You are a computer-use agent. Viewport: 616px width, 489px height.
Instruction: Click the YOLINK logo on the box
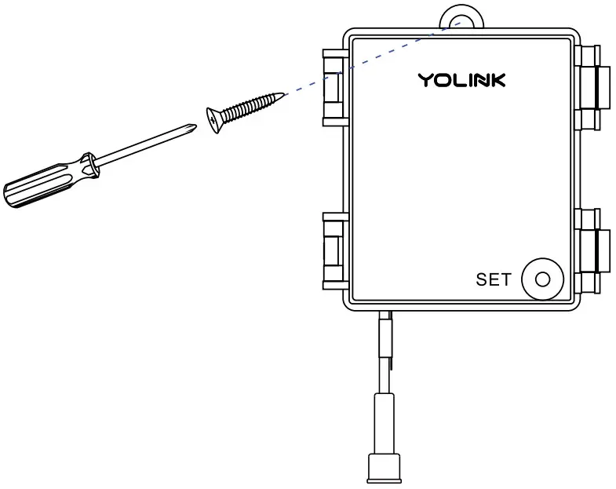point(461,80)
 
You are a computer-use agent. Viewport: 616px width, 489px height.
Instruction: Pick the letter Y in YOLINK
point(425,80)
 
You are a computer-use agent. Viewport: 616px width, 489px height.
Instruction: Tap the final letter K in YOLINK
point(498,80)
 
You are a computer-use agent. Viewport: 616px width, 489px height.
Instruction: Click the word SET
point(493,279)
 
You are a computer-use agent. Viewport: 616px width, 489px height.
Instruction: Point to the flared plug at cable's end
point(385,468)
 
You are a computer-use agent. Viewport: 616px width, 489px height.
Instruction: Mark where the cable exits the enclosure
point(386,314)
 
